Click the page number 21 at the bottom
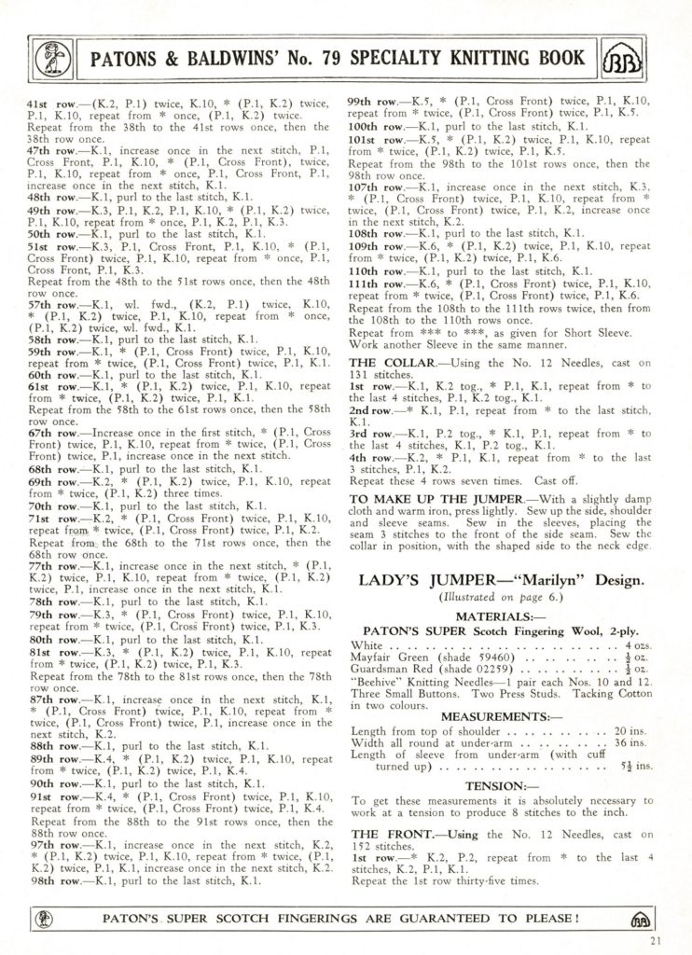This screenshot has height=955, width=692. tap(657, 940)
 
